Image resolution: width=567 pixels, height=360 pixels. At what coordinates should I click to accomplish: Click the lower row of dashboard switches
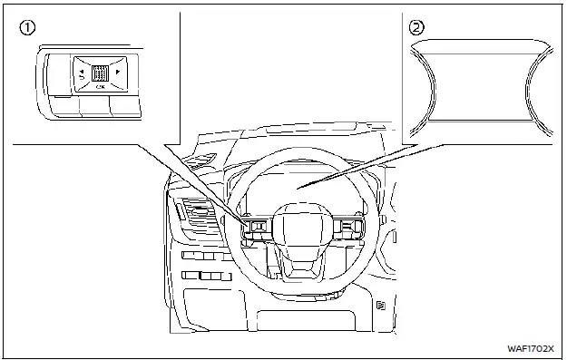click(x=201, y=275)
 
